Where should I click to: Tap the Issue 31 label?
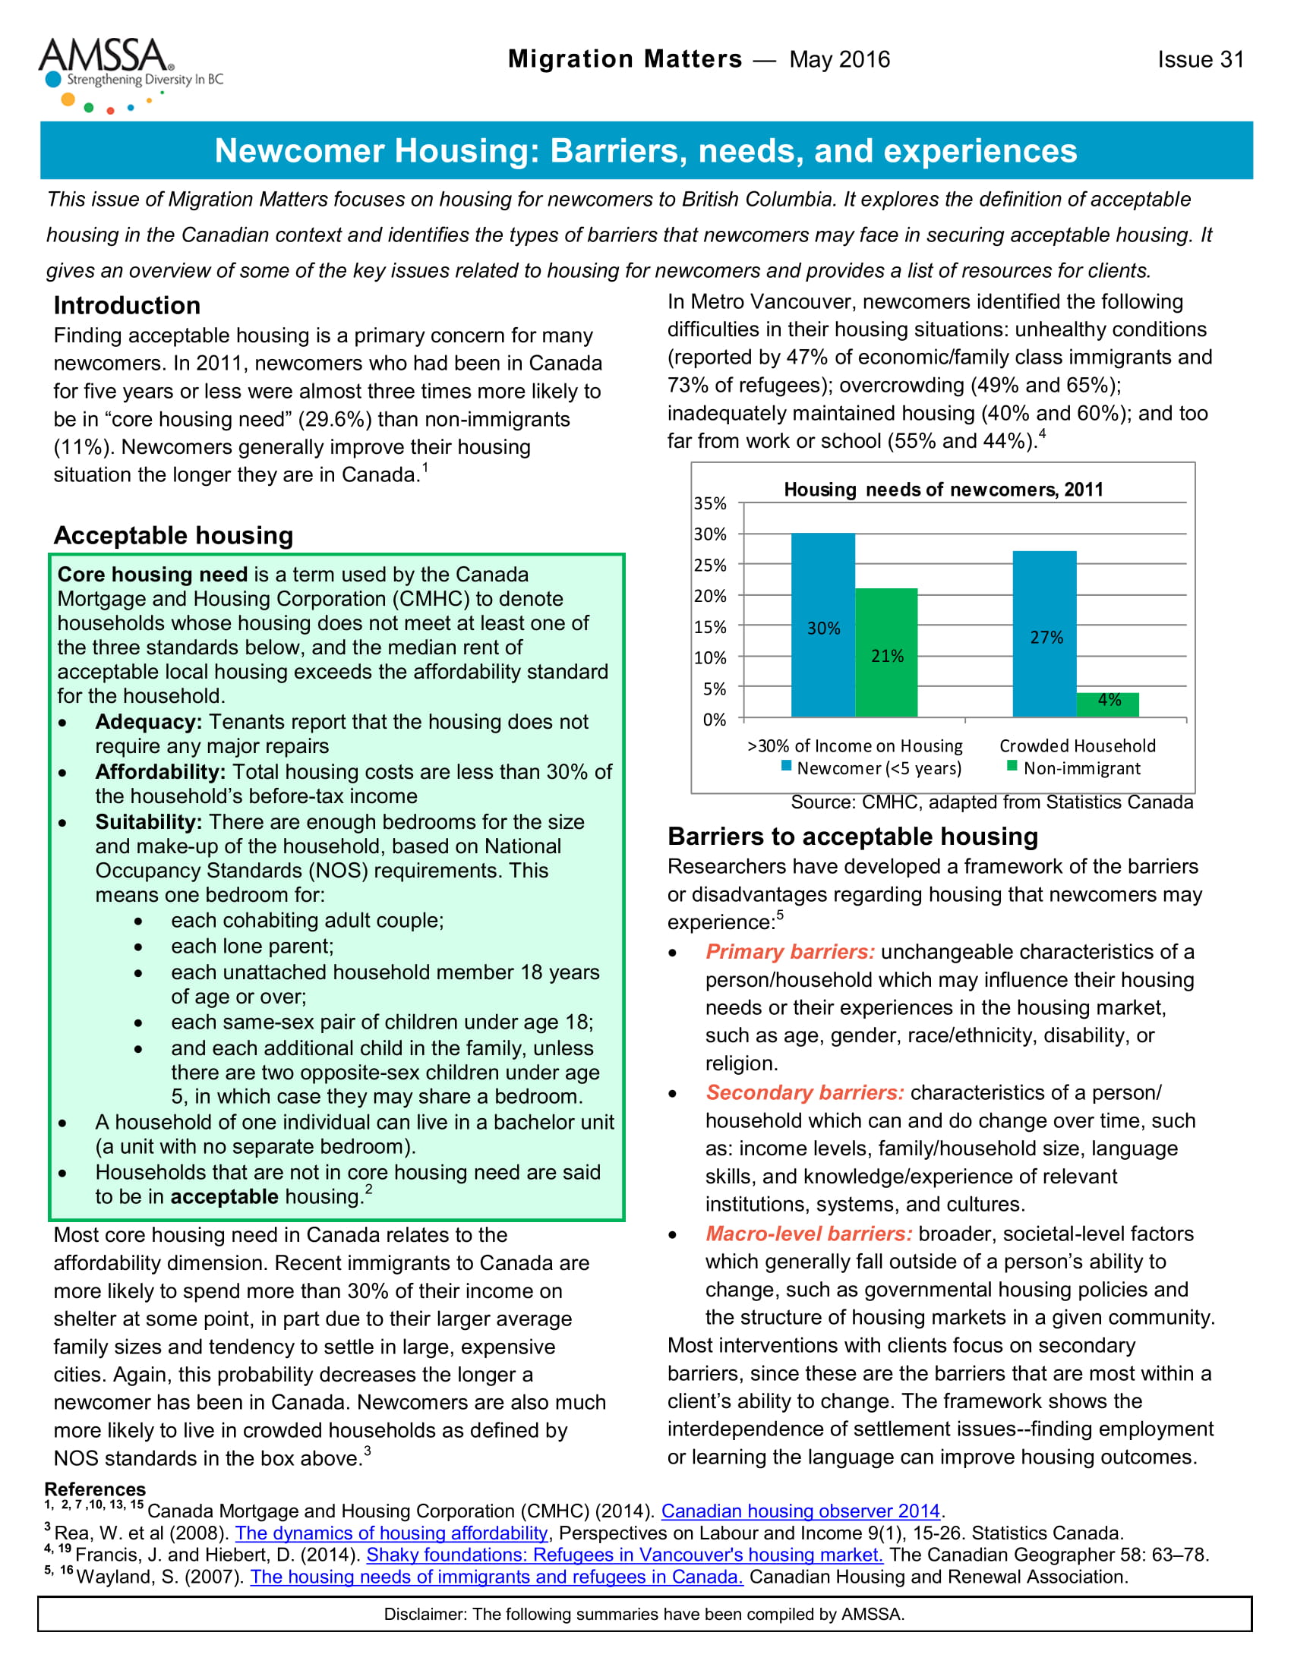tap(1200, 60)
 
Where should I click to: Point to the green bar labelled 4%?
tap(1107, 704)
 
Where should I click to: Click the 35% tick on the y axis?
tap(710, 503)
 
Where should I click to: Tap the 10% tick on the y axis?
tap(710, 657)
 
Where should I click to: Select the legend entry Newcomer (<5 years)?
tap(871, 767)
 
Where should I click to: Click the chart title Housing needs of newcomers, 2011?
tap(943, 490)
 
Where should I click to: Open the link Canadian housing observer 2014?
tap(800, 1511)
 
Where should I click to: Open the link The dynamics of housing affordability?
tap(391, 1533)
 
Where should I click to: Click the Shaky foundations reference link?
tap(624, 1555)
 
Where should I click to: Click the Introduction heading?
tap(127, 305)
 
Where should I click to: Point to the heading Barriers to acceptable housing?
tap(853, 837)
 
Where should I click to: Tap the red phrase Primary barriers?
tap(790, 952)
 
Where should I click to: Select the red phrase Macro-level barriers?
tap(809, 1234)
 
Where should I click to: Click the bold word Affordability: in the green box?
tap(160, 771)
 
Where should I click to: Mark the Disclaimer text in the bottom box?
tap(644, 1614)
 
